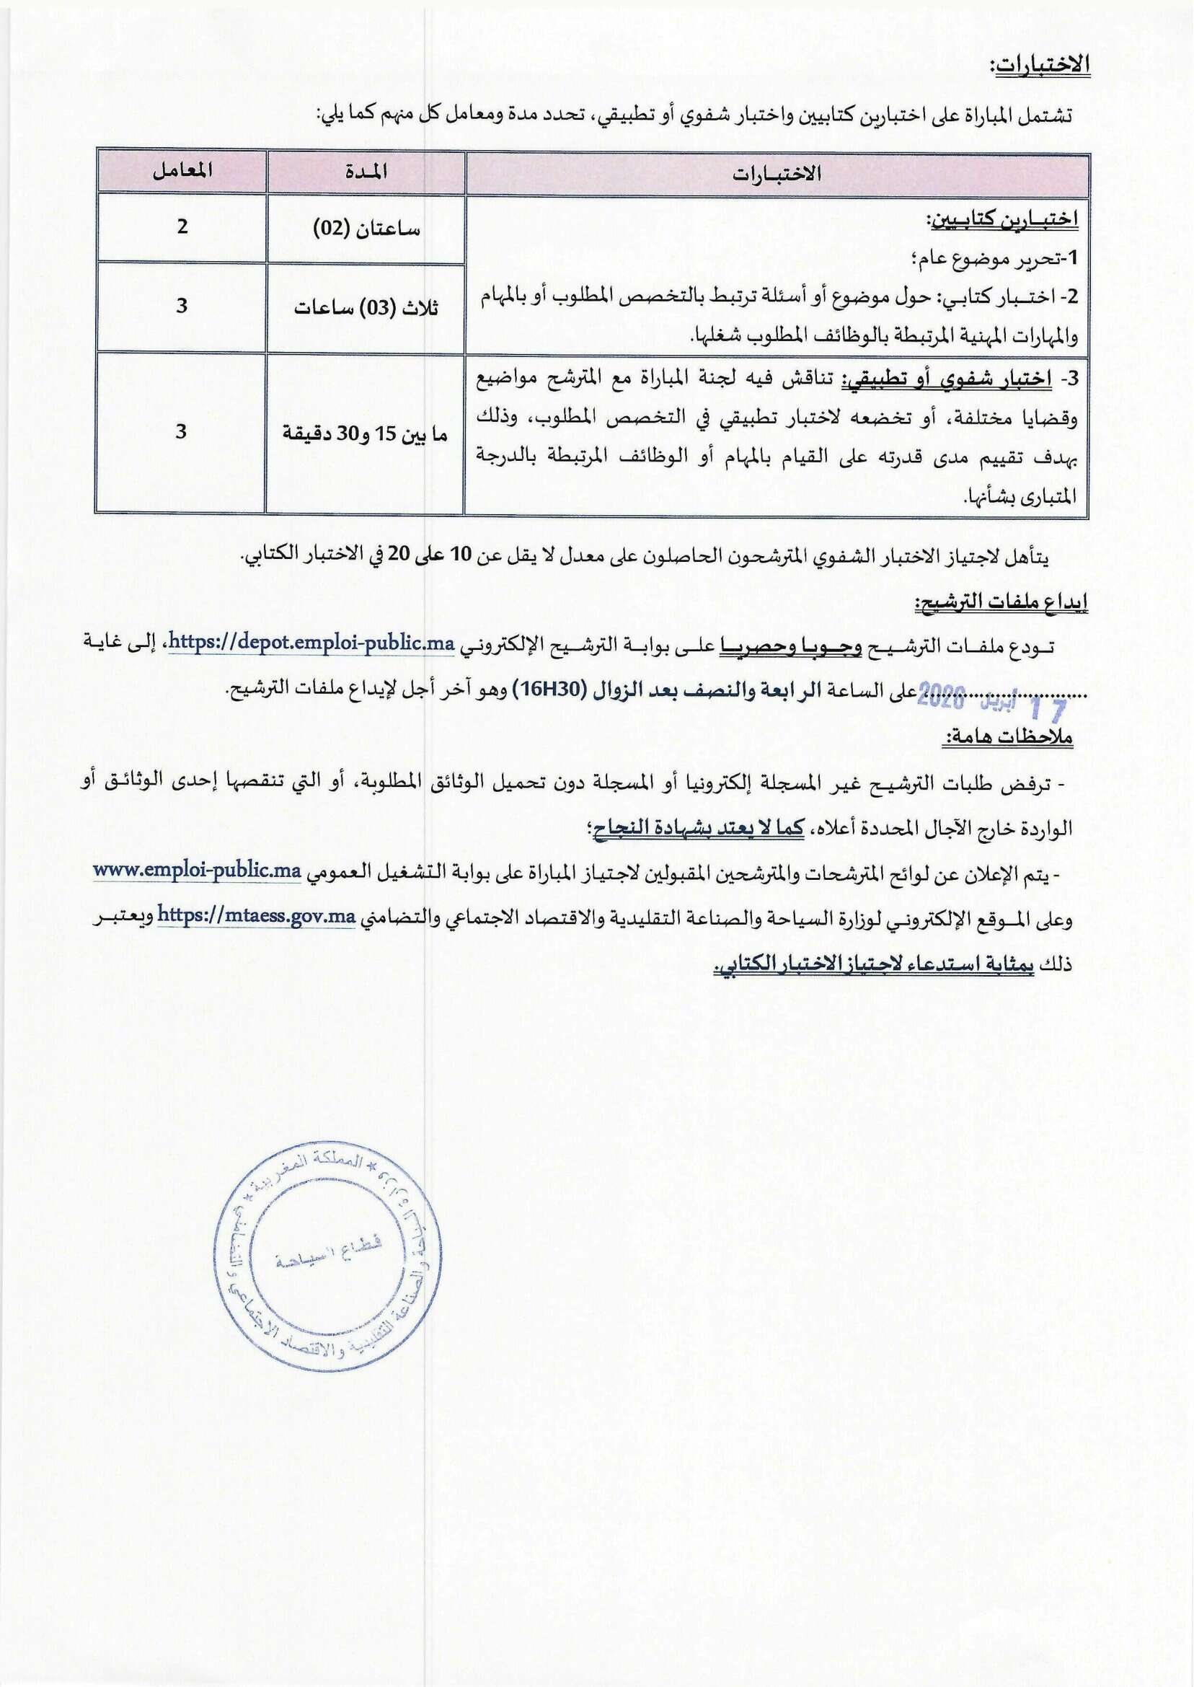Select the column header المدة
pos(366,172)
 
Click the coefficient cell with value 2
pos(182,226)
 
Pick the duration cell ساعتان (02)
pos(366,229)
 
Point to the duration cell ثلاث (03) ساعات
pos(366,307)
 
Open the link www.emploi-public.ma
pos(197,871)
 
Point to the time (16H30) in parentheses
pos(549,690)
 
